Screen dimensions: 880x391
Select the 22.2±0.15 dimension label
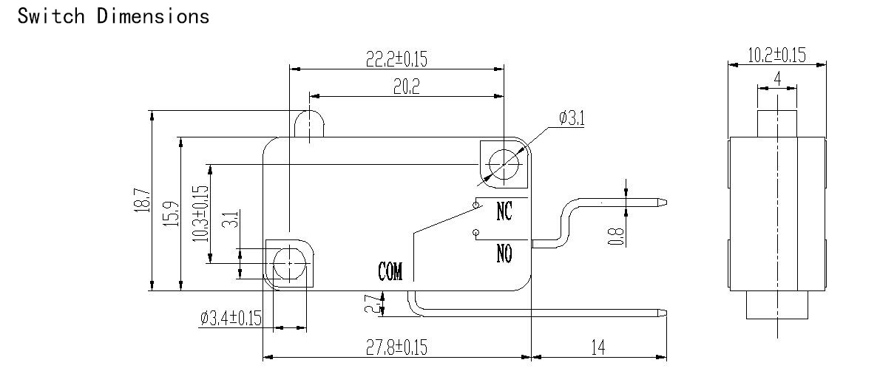[396, 59]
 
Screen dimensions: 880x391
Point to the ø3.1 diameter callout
[572, 118]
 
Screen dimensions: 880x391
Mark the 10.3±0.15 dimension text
[200, 214]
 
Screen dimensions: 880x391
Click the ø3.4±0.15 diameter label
[231, 319]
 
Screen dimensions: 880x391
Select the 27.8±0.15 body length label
[396, 347]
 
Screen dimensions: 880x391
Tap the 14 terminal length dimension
[598, 348]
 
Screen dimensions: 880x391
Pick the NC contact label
[504, 211]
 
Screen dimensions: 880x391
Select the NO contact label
[504, 254]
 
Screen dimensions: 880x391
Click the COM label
[390, 271]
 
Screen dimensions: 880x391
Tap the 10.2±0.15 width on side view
[776, 55]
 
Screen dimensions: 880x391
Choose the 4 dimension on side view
[777, 79]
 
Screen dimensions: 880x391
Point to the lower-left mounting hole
[288, 264]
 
